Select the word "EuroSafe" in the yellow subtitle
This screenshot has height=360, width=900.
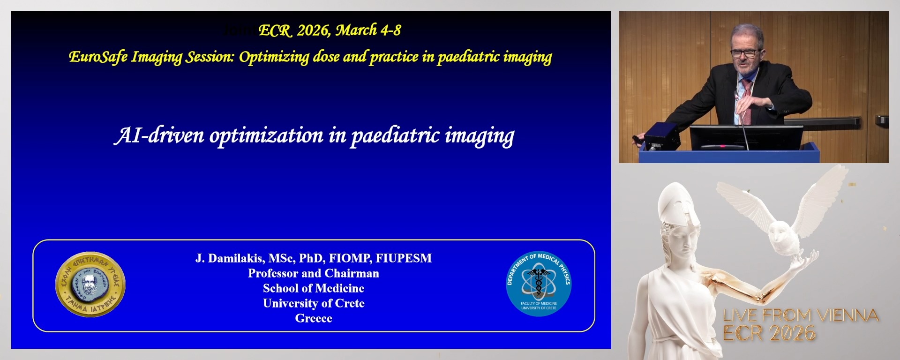98,57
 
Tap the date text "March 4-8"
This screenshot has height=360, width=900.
368,30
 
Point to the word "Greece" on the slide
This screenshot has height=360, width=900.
314,318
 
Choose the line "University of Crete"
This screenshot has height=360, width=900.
314,303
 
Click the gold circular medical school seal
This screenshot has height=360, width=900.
90,285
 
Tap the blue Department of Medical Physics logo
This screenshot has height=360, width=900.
539,283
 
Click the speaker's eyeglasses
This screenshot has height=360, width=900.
745,53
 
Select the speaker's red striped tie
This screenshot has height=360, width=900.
746,101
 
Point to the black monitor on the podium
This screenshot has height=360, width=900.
746,137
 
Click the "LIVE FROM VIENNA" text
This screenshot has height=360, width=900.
801,315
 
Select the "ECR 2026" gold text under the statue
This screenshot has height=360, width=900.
769,333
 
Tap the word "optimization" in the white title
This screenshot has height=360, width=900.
266,136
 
